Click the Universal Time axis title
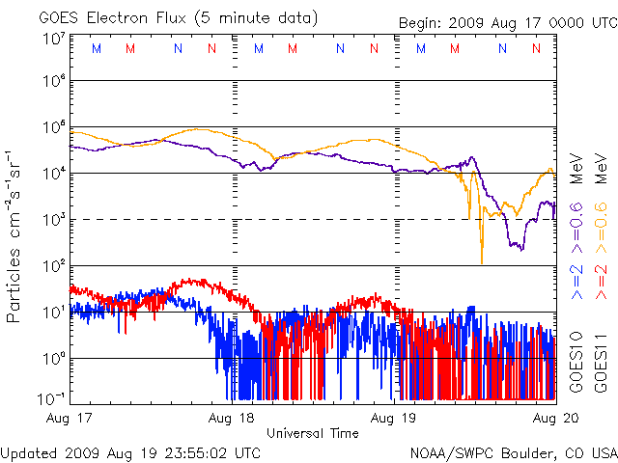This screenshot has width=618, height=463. tap(312, 433)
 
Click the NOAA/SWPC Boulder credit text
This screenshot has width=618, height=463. tap(513, 452)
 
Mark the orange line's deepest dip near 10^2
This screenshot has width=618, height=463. tap(481, 261)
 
